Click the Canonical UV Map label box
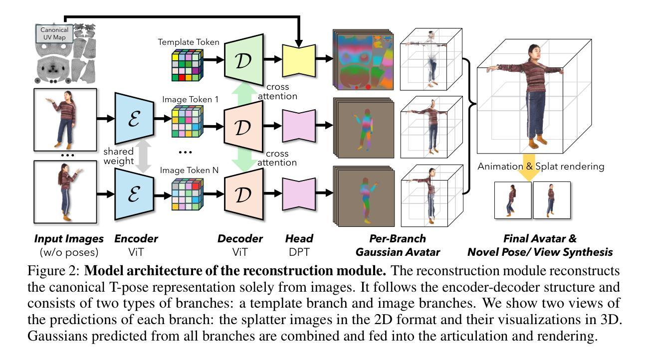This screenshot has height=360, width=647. [x=54, y=33]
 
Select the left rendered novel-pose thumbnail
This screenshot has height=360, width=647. [x=512, y=200]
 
